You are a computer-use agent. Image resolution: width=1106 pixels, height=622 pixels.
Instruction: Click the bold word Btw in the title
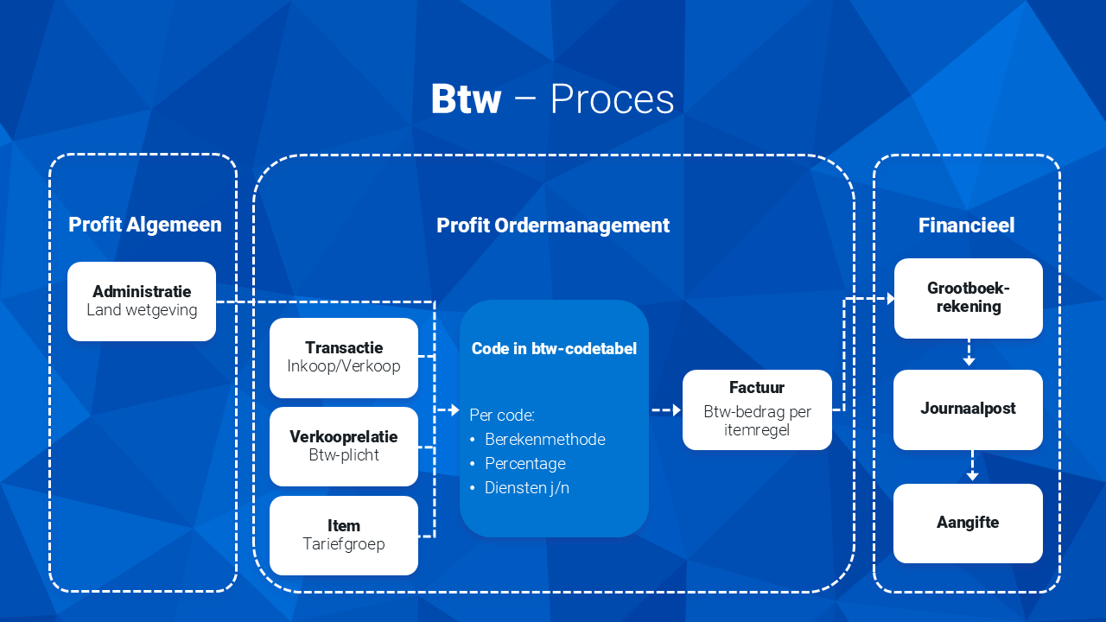tap(466, 98)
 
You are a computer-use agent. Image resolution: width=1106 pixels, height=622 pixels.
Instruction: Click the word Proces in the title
tap(613, 98)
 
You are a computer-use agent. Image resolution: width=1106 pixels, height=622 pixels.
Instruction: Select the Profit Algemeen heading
tap(144, 225)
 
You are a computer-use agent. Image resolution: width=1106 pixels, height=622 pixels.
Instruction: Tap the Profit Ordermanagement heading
tap(553, 225)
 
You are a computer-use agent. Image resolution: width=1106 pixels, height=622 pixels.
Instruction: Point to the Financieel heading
tap(966, 225)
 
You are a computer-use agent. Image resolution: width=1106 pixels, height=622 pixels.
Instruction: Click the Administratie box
tap(142, 301)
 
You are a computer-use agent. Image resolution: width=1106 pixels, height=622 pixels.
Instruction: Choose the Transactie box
tap(344, 358)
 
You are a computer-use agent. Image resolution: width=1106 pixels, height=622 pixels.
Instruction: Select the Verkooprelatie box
tap(344, 447)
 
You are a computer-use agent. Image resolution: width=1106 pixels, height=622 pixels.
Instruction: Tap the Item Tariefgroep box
tap(344, 536)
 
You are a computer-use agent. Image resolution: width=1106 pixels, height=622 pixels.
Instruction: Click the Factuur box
tap(757, 409)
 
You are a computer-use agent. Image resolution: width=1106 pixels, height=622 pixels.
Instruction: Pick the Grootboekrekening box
tap(969, 298)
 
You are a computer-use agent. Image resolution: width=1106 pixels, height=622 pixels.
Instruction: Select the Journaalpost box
tap(969, 409)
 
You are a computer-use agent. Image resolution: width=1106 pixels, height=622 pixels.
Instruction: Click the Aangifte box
tap(969, 524)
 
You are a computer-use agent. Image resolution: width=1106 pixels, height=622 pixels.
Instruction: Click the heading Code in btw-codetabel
tap(554, 348)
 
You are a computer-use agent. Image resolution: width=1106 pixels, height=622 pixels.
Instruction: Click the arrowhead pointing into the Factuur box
tap(677, 409)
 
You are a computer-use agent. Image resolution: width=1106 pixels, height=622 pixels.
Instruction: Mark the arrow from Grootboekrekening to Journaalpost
tap(969, 352)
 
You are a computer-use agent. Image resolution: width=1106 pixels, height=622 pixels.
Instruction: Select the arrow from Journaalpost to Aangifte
tap(972, 466)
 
